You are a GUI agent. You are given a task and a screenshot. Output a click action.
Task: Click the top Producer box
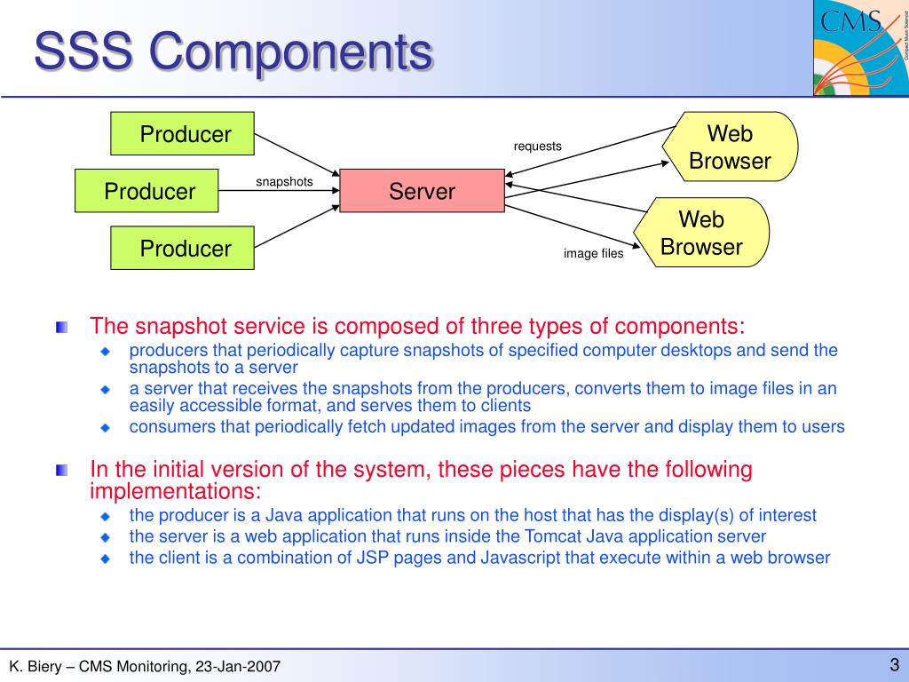point(182,133)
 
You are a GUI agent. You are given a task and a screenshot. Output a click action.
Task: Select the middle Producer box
point(146,190)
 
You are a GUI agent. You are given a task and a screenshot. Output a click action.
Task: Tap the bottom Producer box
point(182,248)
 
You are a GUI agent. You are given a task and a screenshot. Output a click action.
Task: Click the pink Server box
point(422,191)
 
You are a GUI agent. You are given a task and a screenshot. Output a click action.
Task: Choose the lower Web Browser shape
point(702,233)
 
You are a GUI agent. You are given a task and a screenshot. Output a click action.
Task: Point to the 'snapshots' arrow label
point(284,182)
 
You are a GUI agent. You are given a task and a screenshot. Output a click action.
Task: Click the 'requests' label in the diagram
point(537,147)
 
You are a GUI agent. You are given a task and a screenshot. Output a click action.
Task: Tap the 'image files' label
point(593,254)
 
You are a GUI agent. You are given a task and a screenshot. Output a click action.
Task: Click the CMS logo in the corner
point(860,49)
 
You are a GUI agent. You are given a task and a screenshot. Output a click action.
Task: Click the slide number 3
point(895,664)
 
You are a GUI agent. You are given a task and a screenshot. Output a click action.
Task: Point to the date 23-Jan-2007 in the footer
point(237,666)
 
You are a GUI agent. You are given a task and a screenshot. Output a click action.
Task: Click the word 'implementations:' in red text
point(176,491)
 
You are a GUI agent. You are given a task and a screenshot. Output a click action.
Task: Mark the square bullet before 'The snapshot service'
point(61,328)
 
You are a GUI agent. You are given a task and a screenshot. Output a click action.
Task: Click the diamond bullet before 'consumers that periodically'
point(106,427)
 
